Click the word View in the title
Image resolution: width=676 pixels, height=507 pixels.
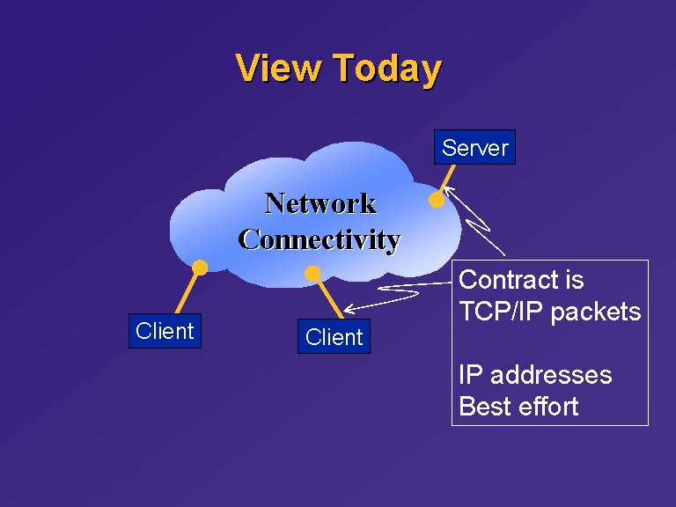[x=278, y=68]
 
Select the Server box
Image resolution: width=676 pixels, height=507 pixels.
[x=474, y=147]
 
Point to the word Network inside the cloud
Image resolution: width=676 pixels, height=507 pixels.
[x=320, y=203]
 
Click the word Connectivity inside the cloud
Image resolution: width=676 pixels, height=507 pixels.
[x=320, y=240]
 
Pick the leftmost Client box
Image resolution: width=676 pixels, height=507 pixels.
[x=165, y=331]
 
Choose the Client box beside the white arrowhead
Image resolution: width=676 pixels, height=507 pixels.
[x=334, y=336]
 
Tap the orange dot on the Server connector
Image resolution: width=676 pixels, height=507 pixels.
[x=437, y=200]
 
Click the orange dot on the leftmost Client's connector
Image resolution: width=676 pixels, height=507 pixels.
[x=200, y=268]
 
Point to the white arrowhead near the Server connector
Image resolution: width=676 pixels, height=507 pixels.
[x=449, y=191]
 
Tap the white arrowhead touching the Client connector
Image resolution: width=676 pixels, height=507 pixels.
[x=349, y=308]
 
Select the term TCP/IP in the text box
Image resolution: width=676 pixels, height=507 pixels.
[x=501, y=312]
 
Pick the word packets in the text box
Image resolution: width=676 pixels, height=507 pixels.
[x=596, y=312]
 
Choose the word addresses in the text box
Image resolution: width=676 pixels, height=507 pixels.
[x=551, y=375]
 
